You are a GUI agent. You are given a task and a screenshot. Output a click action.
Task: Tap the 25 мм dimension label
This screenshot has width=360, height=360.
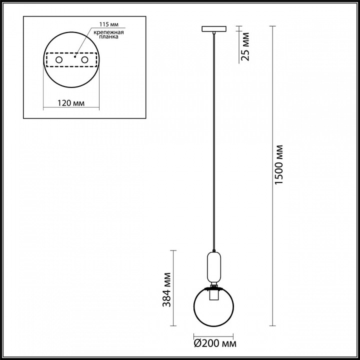[x=244, y=46]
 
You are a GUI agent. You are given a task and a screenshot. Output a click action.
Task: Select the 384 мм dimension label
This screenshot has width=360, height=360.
[x=167, y=288]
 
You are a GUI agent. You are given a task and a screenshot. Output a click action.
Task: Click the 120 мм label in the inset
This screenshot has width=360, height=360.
[x=70, y=103]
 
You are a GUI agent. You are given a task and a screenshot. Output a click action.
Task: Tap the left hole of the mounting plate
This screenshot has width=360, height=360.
[x=58, y=60]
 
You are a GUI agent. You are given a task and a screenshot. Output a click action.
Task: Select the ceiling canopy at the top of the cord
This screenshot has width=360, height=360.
[x=213, y=29]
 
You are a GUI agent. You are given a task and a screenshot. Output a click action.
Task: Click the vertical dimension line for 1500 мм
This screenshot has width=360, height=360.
[x=272, y=175]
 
